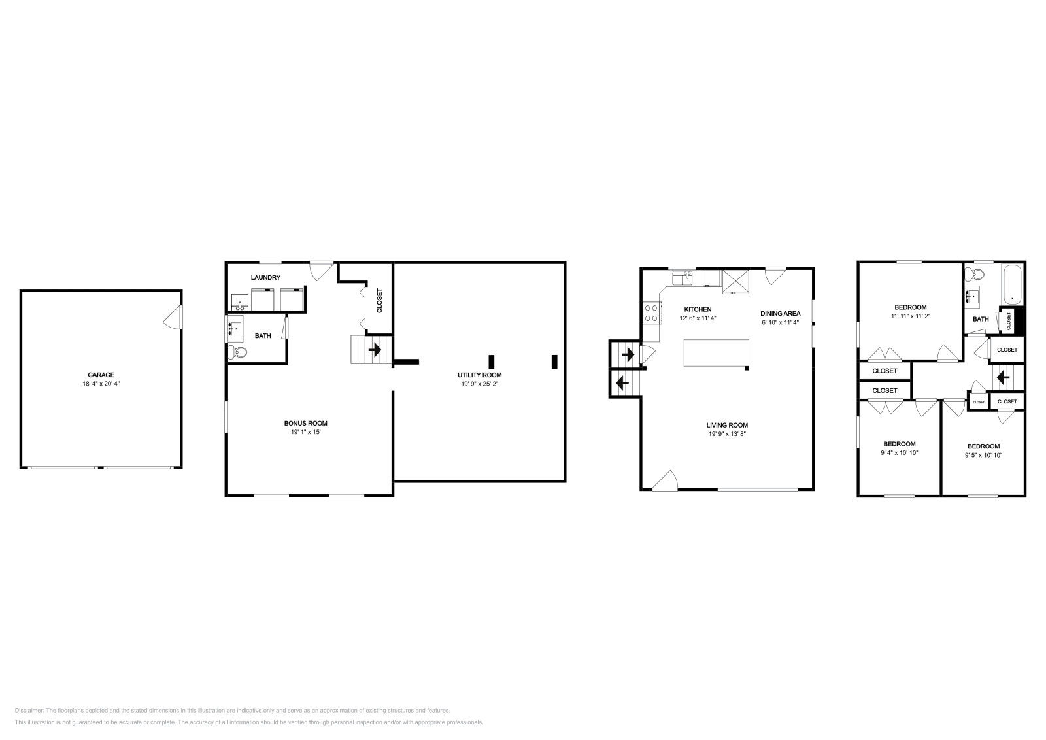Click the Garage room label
101,375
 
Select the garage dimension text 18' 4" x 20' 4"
101,384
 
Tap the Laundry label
265,278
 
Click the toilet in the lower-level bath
239,352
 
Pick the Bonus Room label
305,423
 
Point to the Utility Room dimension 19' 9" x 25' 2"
479,384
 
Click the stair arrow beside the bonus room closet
375,350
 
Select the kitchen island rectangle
717,353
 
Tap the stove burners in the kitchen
650,312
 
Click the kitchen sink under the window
683,279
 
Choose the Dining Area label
780,313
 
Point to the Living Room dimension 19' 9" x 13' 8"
727,434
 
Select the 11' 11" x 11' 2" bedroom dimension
910,316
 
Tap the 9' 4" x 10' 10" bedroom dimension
900,452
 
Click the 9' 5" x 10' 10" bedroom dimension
983,455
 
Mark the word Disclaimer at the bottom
29,710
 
